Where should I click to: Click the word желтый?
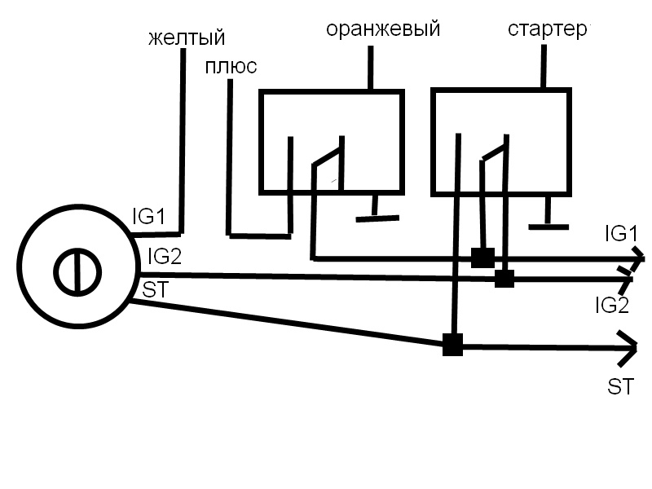(187, 38)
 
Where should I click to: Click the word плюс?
(231, 66)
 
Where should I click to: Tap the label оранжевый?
(383, 29)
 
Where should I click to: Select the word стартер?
(548, 29)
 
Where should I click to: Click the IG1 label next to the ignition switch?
(149, 218)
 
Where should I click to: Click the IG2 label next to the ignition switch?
(165, 257)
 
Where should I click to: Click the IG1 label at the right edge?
(620, 234)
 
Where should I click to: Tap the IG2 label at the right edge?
(612, 306)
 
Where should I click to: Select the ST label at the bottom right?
(621, 387)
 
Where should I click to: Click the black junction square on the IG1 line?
(482, 258)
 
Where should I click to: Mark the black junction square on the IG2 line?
(504, 279)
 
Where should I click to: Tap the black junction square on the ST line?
(452, 345)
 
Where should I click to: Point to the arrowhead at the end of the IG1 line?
(634, 259)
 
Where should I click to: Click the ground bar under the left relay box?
(377, 218)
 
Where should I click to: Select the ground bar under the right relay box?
(548, 226)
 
